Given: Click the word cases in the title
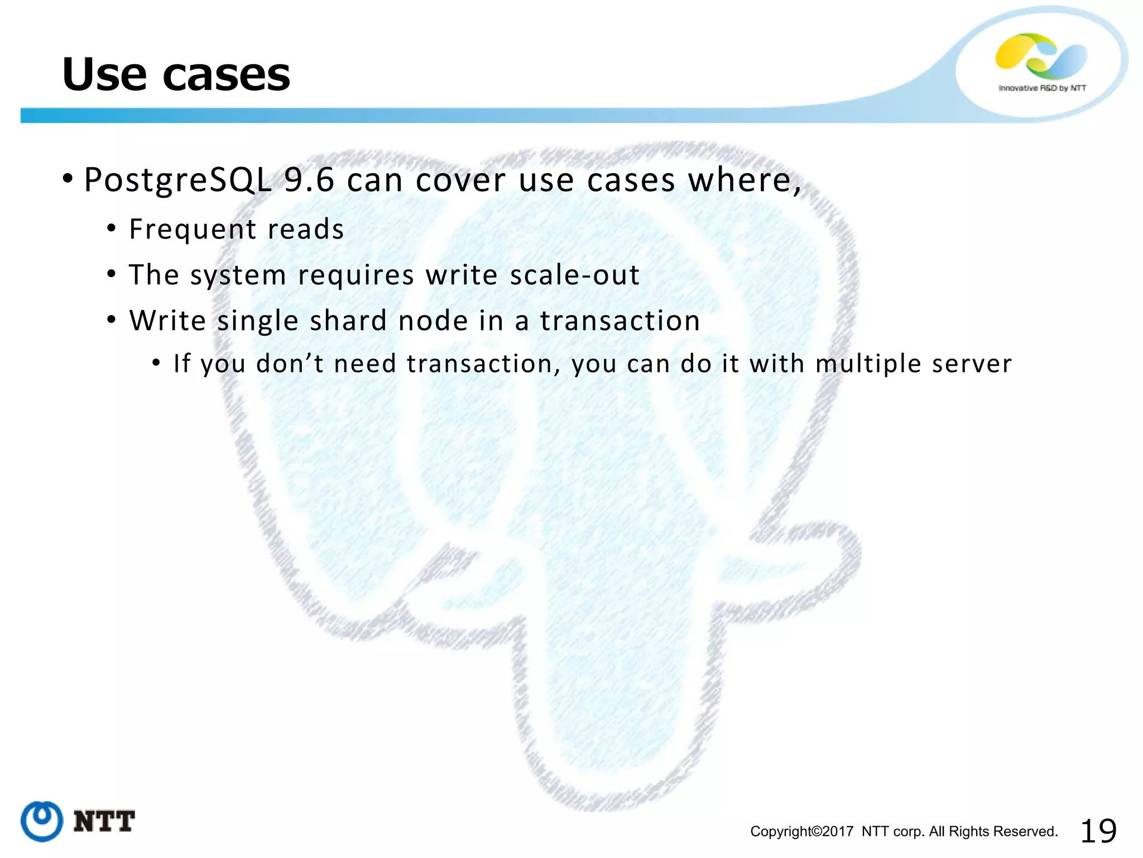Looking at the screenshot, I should [226, 75].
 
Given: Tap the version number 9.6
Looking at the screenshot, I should [309, 180].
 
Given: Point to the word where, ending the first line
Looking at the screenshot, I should [744, 180].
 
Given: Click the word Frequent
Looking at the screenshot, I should [193, 230].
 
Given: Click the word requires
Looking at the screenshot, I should [356, 275].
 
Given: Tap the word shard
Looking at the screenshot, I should [348, 321].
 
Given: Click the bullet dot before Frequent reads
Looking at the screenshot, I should [112, 228].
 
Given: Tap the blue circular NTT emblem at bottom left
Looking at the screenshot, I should [42, 821].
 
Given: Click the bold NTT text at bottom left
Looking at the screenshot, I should [104, 822].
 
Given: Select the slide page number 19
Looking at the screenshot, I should [1098, 831].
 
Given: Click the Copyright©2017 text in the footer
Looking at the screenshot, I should [801, 831].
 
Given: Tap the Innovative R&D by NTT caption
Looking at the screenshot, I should [1042, 88].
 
